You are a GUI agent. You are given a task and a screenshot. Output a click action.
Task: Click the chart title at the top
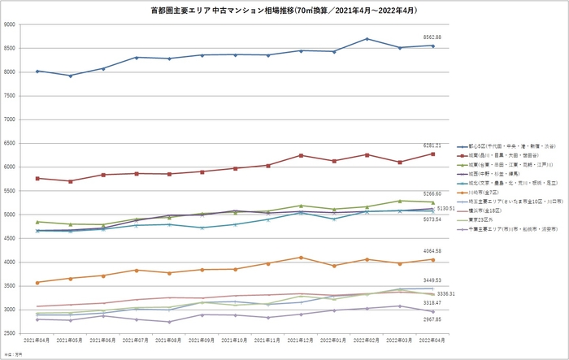coord(284,11)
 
